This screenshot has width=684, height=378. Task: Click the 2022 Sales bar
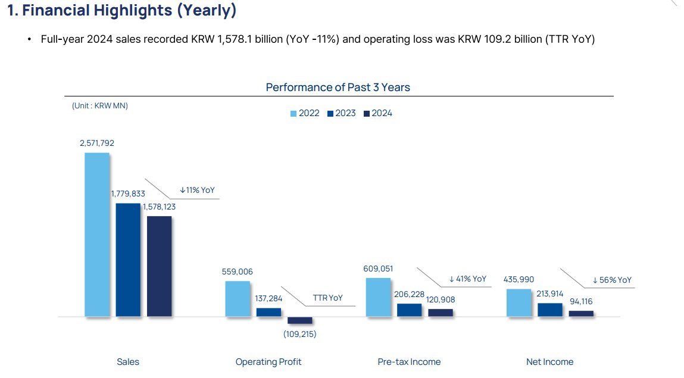97,235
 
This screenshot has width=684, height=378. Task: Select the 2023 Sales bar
128,260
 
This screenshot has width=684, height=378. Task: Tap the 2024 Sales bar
159,266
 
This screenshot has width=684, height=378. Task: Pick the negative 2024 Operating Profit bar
299,320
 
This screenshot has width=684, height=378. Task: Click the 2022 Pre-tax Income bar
379,297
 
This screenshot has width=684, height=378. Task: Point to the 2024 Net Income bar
581,313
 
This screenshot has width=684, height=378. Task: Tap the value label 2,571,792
97,143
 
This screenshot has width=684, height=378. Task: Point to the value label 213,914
550,293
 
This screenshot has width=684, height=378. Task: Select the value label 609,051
378,268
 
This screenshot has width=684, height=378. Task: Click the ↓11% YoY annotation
197,190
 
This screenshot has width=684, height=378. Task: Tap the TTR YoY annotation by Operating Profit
327,298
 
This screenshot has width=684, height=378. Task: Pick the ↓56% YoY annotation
612,280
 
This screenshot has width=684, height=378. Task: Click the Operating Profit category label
268,361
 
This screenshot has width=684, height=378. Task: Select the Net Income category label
549,361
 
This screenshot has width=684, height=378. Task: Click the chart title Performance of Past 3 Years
338,88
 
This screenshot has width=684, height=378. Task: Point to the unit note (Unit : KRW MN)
100,105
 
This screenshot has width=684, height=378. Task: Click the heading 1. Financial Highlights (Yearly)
122,11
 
